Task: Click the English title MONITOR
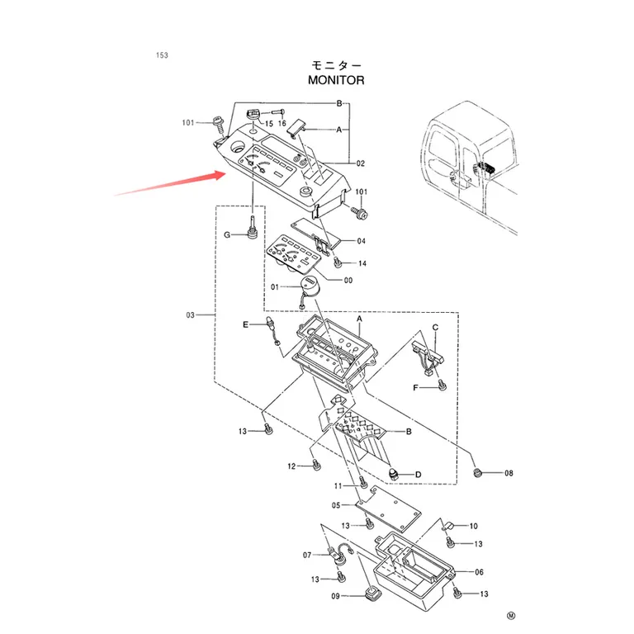pos(336,80)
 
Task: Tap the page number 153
pos(162,55)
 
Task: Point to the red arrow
pos(170,183)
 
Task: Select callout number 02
pos(361,163)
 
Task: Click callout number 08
pos(509,473)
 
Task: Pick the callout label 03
pos(190,315)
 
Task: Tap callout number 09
pos(336,596)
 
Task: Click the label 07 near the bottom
pos(307,555)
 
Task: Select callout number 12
pos(291,466)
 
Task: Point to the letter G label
pos(227,235)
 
